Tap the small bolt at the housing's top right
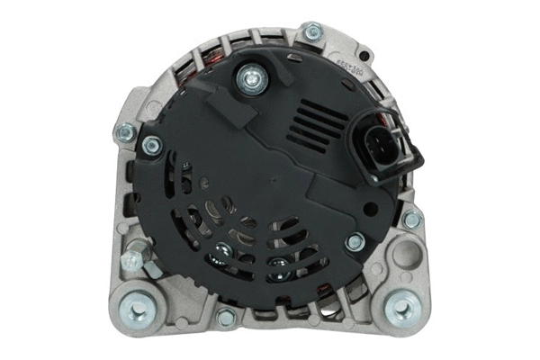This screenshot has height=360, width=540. (313, 32)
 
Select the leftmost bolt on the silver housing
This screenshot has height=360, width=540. (125, 134)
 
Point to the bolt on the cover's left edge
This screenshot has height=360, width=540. (151, 144)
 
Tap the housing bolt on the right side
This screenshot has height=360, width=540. (411, 220)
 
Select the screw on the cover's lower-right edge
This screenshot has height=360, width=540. (355, 241)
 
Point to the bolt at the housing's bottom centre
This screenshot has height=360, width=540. (227, 317)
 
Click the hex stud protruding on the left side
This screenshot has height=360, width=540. (132, 261)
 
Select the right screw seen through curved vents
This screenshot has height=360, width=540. (281, 264)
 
